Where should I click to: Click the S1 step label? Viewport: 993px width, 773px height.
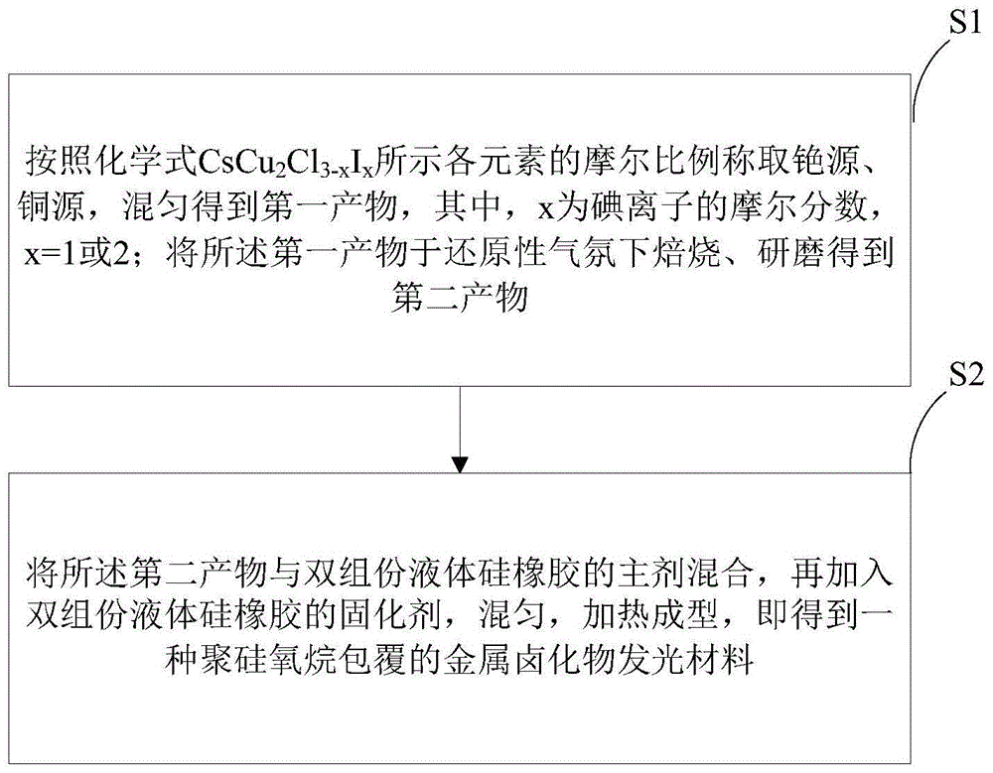coord(957,22)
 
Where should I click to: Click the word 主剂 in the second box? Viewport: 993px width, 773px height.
coord(644,577)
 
